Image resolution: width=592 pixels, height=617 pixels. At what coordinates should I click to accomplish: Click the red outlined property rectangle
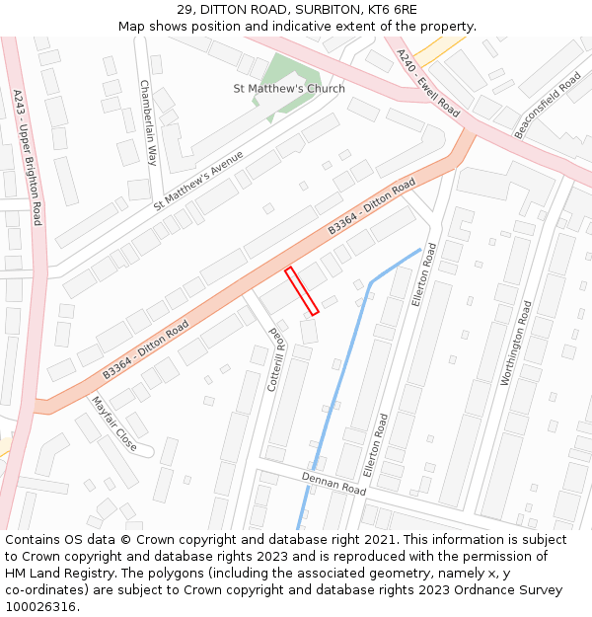click(x=302, y=291)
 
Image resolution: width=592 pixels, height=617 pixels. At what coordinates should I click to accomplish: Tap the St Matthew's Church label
click(x=289, y=89)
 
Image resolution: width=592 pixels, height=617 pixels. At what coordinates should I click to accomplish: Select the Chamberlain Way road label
click(x=148, y=121)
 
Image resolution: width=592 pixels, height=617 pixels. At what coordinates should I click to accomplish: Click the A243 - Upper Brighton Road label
click(x=28, y=157)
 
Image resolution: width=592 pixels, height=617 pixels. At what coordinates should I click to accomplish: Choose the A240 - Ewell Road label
click(x=429, y=83)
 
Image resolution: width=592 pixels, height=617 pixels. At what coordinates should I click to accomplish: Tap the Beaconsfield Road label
click(x=548, y=105)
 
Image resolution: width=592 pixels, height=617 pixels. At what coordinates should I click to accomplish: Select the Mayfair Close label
click(x=114, y=424)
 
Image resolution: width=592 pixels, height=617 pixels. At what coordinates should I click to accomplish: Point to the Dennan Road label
click(x=333, y=483)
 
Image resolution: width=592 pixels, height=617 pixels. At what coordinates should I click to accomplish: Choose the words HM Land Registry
click(x=50, y=574)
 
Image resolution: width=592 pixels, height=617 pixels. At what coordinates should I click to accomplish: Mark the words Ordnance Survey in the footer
click(x=516, y=590)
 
